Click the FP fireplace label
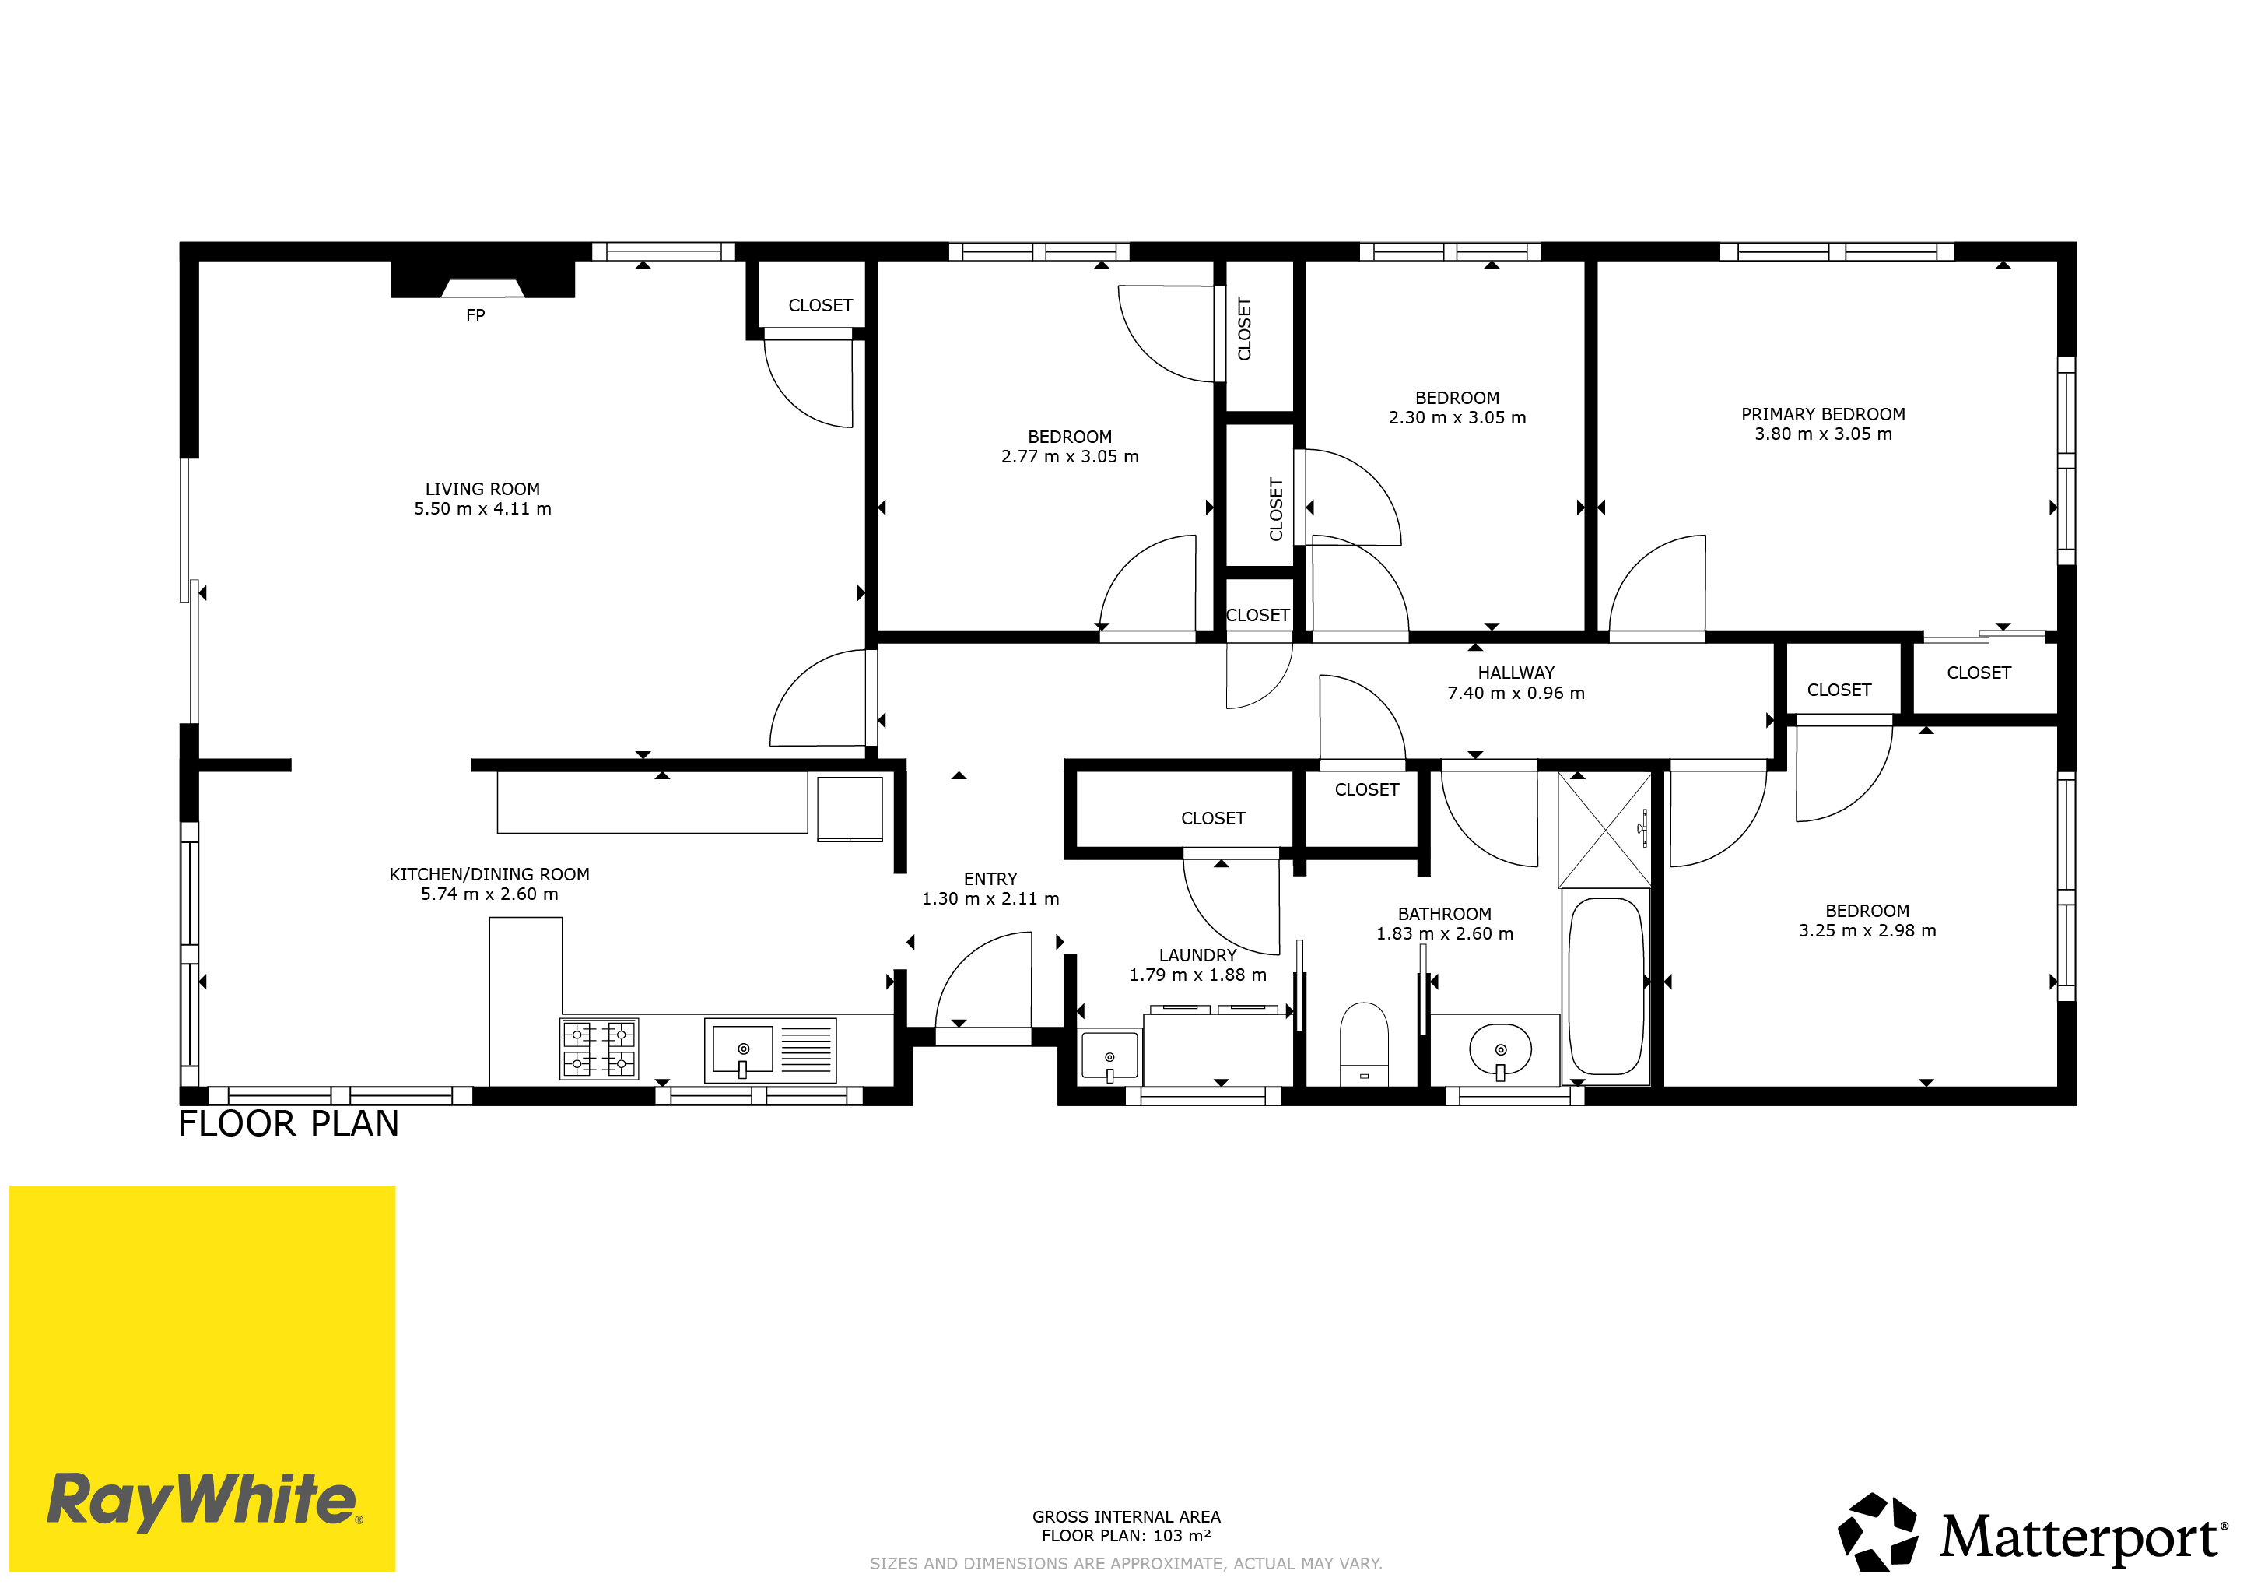pyautogui.click(x=475, y=315)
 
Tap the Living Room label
pyautogui.click(x=482, y=489)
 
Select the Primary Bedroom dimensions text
pyautogui.click(x=1823, y=434)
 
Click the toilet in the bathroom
pyautogui.click(x=1365, y=1044)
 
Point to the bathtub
pyautogui.click(x=1605, y=986)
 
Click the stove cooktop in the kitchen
pyautogui.click(x=599, y=1049)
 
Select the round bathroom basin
pyautogui.click(x=1500, y=1050)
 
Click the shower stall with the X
pyautogui.click(x=1605, y=830)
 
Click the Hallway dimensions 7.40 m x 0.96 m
pyautogui.click(x=1516, y=694)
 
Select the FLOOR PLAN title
pyautogui.click(x=289, y=1123)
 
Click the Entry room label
pyautogui.click(x=990, y=879)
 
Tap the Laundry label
pyautogui.click(x=1197, y=956)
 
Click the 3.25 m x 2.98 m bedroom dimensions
pyautogui.click(x=1867, y=931)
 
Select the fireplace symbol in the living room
pyautogui.click(x=482, y=279)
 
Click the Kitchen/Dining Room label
pyautogui.click(x=489, y=874)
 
